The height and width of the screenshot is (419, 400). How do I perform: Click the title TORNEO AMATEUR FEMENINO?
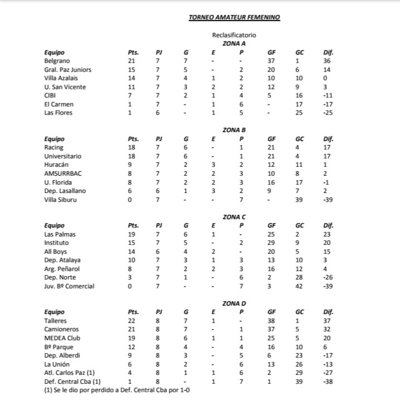pos(234,17)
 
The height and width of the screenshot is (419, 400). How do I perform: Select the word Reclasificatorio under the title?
pos(234,35)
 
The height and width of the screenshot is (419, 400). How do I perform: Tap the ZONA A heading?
pos(234,43)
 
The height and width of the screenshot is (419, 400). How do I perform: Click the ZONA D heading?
pos(234,303)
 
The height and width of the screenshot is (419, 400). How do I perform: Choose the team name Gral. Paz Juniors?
pos(68,70)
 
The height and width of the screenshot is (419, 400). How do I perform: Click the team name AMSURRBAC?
pos(62,174)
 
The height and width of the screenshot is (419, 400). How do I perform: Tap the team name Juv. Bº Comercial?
pos(69,286)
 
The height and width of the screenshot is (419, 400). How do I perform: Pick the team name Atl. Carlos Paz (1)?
pos(69,373)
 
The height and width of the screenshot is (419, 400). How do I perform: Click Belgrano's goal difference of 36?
pos(327,61)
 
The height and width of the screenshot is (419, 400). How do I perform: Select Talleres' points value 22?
pos(132,321)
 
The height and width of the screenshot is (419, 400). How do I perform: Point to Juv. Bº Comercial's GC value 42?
pos(299,286)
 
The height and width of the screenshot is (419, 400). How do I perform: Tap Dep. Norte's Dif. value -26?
pos(327,277)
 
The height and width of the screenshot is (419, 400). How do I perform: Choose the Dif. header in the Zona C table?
pos(328,225)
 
